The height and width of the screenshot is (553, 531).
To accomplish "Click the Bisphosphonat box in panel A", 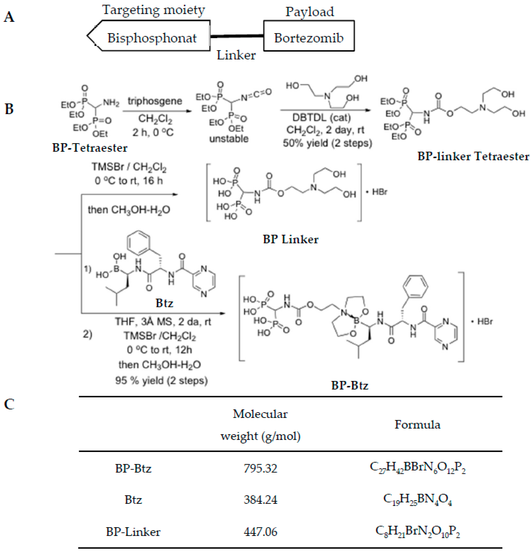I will pos(152,38).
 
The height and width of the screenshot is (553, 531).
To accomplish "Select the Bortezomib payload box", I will pos(309,38).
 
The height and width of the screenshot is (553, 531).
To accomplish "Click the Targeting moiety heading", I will pos(153,10).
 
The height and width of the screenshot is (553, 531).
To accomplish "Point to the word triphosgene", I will pos(155,101).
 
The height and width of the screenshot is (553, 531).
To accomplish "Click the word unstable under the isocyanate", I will pos(229,139).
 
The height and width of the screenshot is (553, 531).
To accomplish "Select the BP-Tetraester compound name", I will pos(90,148).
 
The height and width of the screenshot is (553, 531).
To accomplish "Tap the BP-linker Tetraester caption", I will pos(473,156).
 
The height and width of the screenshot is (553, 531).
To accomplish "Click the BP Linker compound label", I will pos(290,240).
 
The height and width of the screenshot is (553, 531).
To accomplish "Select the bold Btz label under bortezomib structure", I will pos(164,303).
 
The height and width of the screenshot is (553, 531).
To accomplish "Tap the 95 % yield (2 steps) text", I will pos(161,381).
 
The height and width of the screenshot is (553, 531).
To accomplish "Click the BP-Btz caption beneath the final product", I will pos(350,385).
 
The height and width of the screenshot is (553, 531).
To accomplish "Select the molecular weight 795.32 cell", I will pos(260,469).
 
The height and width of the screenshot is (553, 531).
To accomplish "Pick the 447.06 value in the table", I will pos(260,532).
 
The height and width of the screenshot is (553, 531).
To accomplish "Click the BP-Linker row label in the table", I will pos(133,532).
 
